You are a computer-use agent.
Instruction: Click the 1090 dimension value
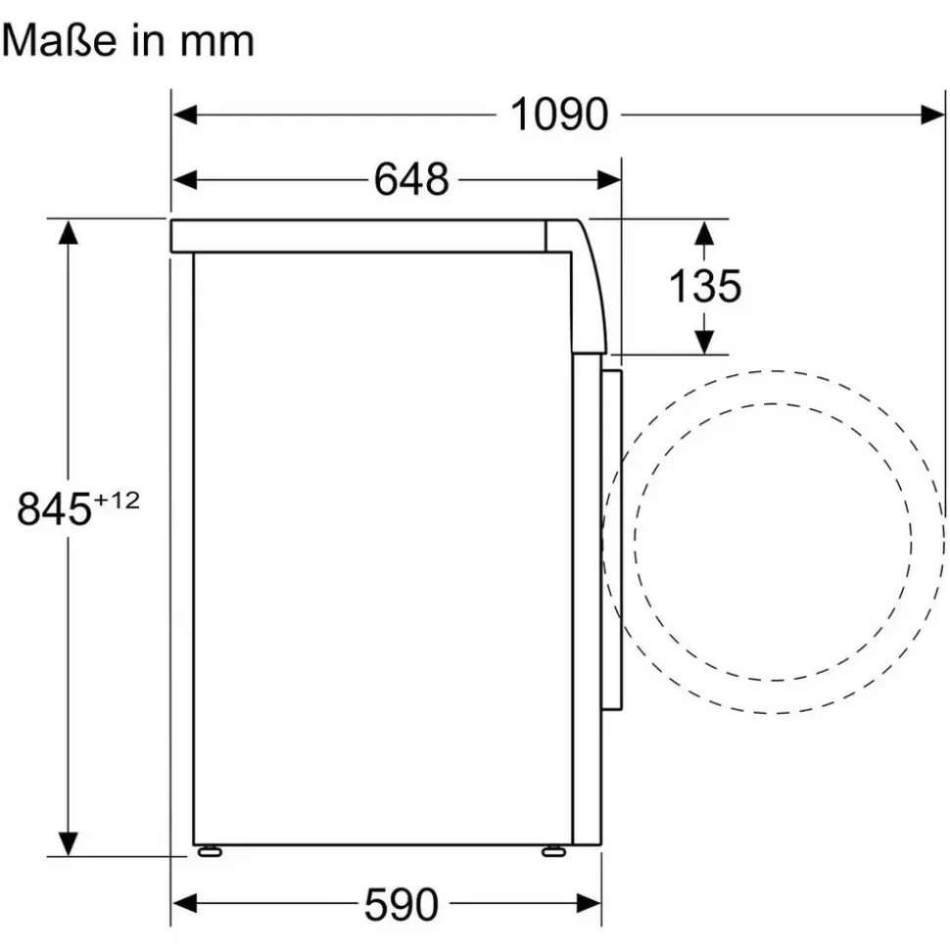[x=558, y=114]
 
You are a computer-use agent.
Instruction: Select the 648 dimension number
[x=411, y=179]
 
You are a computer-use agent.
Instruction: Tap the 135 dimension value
[x=705, y=286]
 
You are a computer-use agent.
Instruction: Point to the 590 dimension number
[x=401, y=904]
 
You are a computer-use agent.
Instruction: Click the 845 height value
[x=54, y=509]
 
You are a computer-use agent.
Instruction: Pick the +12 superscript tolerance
[x=117, y=500]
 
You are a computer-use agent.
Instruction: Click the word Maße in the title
[x=59, y=40]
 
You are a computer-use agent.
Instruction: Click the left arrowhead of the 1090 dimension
[x=185, y=114]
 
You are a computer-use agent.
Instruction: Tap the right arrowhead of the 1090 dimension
[x=932, y=114]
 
